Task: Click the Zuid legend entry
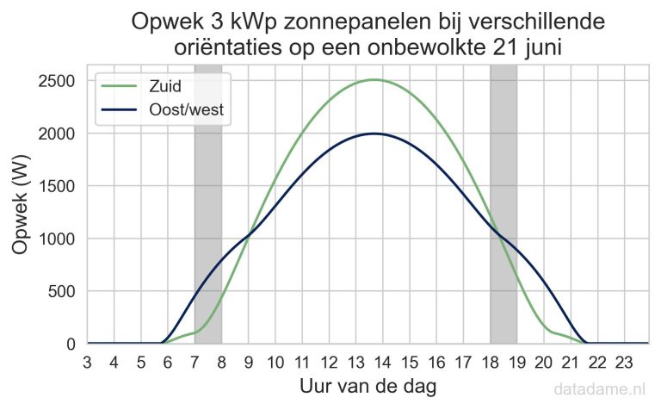[167, 86]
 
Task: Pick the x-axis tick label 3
[88, 362]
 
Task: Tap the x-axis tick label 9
[248, 362]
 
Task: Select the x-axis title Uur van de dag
[368, 387]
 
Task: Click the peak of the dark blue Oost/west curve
[374, 134]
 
